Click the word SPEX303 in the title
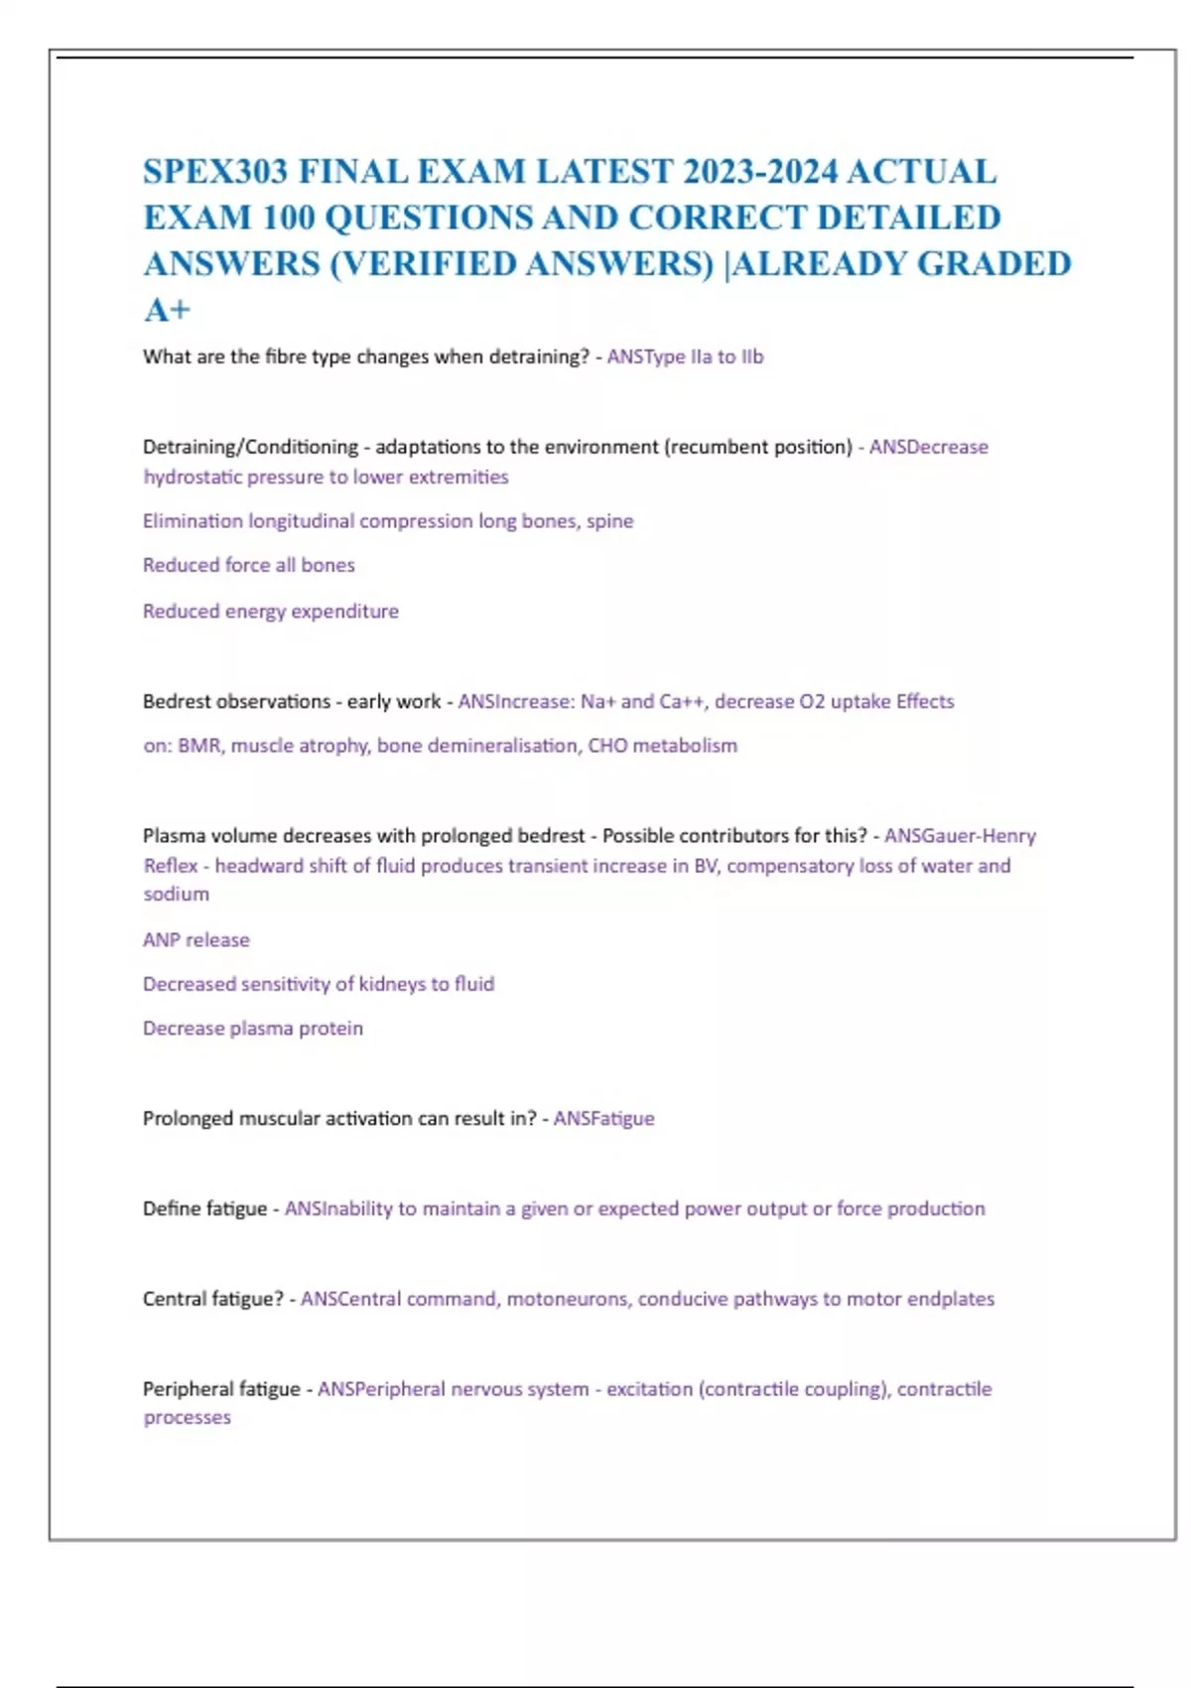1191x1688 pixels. (x=215, y=172)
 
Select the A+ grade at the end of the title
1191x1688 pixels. (x=167, y=311)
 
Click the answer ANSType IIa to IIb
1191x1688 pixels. (x=685, y=356)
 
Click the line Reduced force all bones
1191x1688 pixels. (x=248, y=565)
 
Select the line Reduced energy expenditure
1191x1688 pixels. (x=270, y=611)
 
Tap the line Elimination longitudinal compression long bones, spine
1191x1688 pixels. (x=387, y=520)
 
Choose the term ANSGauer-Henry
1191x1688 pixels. (x=960, y=835)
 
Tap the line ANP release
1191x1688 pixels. (x=196, y=939)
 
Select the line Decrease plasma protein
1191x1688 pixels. (x=252, y=1028)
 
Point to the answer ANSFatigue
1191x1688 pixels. (x=603, y=1118)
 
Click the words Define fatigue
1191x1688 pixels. (x=204, y=1208)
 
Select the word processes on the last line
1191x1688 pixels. (x=187, y=1417)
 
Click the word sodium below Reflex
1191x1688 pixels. (x=176, y=894)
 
